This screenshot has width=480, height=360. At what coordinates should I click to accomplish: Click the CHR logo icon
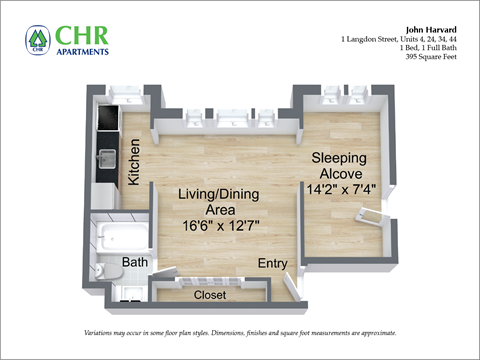[x=37, y=40]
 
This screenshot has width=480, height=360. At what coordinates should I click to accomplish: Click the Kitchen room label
[x=134, y=162]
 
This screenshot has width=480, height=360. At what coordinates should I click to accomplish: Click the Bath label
[x=135, y=262]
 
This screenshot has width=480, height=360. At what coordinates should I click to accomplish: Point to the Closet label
[x=210, y=295]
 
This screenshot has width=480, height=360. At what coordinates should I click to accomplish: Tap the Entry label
[x=272, y=263]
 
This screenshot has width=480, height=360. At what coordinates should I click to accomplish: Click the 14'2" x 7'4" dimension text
[x=342, y=187]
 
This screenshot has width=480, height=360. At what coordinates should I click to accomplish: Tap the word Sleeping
[x=338, y=158]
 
